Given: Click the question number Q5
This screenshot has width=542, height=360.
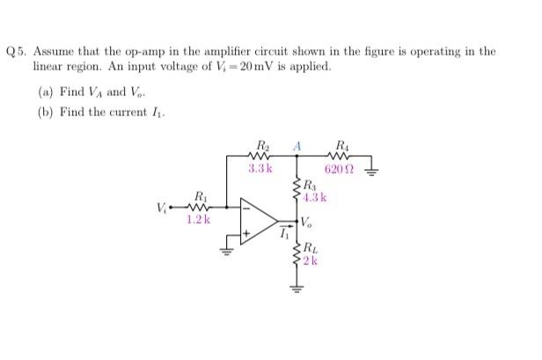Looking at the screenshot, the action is pyautogui.click(x=17, y=52).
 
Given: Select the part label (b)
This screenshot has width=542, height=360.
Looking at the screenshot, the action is pyautogui.click(x=45, y=114).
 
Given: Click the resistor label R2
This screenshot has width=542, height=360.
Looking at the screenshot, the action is pyautogui.click(x=261, y=145).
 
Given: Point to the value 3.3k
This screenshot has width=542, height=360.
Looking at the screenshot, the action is pyautogui.click(x=260, y=168).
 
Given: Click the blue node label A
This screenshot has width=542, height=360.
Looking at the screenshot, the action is pyautogui.click(x=298, y=145).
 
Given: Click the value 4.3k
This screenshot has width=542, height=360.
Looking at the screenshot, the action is pyautogui.click(x=315, y=197).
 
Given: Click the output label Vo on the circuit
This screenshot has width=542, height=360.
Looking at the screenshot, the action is pyautogui.click(x=310, y=223).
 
